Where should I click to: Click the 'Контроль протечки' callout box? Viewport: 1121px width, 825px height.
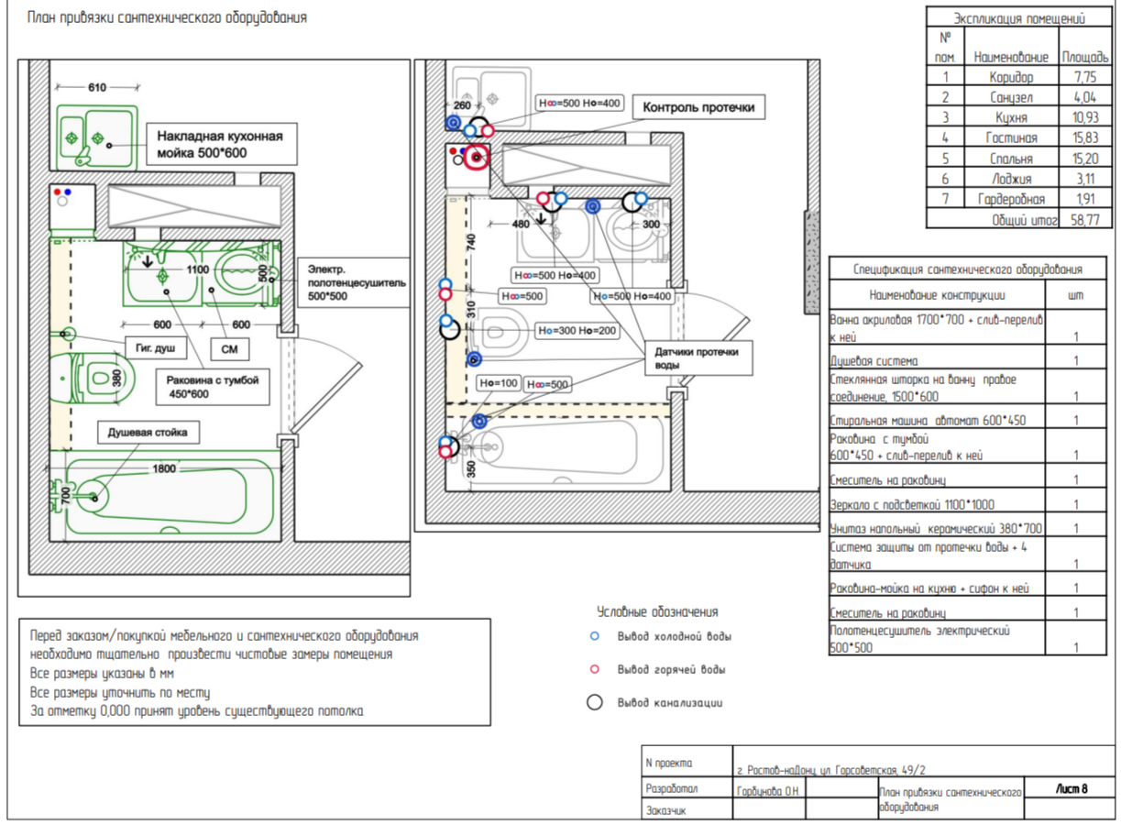coord(698,107)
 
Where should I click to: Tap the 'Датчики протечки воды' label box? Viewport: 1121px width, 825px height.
coord(698,357)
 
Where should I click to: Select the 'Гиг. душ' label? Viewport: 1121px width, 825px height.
coord(156,348)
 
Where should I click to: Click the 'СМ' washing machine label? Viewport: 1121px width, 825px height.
coord(230,349)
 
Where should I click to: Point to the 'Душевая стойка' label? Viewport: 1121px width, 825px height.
coord(148,432)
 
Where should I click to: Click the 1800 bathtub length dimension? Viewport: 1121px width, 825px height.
coord(164,468)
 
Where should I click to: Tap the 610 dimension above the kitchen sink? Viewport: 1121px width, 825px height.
coord(97,88)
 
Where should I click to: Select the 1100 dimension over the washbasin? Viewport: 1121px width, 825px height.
coord(198,269)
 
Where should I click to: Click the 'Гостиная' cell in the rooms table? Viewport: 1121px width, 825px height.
coord(1011,137)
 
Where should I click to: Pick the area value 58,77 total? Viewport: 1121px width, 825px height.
coord(1085,220)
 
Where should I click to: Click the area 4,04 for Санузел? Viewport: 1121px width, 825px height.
coord(1085,97)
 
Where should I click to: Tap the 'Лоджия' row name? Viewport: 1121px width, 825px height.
coord(1011,179)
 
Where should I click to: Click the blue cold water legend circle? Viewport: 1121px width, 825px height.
coord(595,636)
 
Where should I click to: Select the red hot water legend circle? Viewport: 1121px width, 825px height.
coord(595,669)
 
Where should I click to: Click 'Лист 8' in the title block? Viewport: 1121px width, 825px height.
coord(1072,789)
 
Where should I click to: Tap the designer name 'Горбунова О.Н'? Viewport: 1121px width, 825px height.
coord(768,791)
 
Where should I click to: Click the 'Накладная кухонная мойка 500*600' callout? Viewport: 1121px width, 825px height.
coord(222,144)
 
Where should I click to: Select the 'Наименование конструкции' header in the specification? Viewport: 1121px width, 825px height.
coord(937,295)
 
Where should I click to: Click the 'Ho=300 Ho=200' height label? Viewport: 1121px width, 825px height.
coord(577,330)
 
